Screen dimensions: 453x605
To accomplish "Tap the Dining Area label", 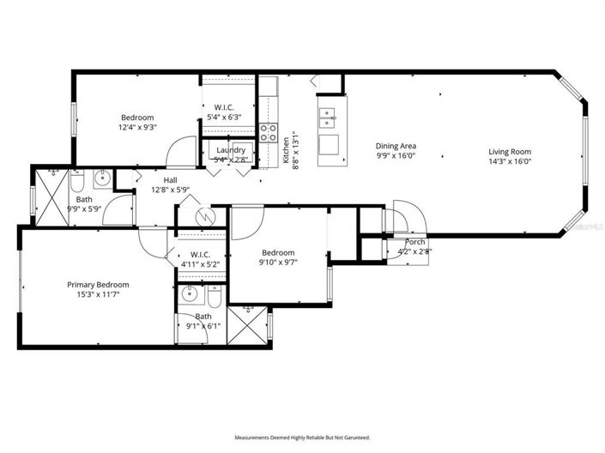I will click(395, 147).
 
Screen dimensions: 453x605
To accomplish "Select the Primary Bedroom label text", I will click(98, 284).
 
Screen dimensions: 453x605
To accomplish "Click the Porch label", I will click(414, 242).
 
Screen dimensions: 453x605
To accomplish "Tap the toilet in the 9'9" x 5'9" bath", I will click(76, 183).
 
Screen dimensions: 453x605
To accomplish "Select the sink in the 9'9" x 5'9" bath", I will click(101, 178).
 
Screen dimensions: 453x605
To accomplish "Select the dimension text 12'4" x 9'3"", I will click(137, 127).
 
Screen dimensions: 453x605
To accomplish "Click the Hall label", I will click(170, 180).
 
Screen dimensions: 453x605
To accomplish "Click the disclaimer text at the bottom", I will click(302, 438).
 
